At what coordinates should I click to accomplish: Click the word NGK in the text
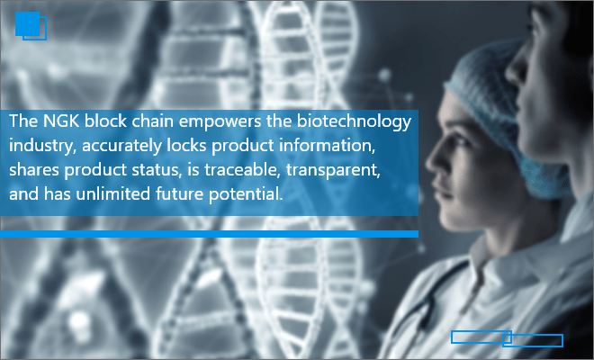61,121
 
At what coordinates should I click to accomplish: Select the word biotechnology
354,122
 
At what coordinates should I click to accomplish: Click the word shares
34,170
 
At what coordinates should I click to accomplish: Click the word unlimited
113,194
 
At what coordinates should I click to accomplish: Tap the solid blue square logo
27,24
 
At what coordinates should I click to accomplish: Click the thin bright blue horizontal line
209,234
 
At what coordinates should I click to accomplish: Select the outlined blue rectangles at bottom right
507,338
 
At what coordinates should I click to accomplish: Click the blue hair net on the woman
504,113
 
